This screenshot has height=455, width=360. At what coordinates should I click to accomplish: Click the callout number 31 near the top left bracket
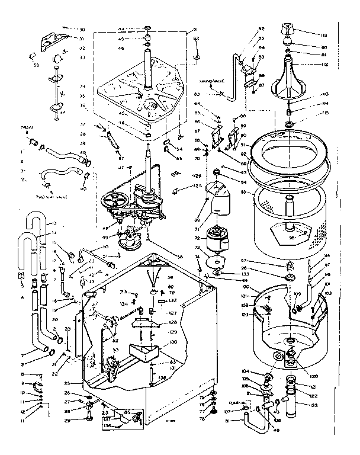(82, 39)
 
